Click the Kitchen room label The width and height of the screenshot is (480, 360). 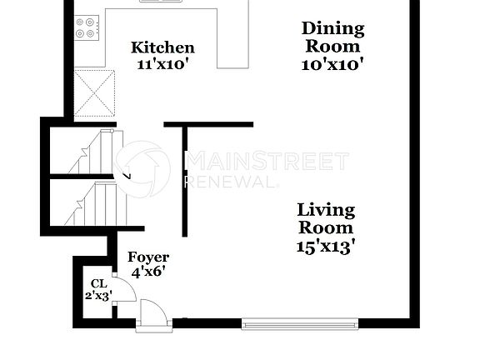coord(162,48)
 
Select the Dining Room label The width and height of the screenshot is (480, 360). coord(332,37)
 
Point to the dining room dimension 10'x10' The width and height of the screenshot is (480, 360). coord(332,63)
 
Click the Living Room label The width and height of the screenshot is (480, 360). coord(326,218)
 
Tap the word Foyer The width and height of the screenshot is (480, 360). coord(148,257)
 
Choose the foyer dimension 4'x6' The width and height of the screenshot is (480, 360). coord(148,271)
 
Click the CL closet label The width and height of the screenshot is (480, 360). coord(99,283)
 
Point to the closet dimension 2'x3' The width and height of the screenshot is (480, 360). coord(98,295)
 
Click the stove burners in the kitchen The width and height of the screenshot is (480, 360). coord(86,28)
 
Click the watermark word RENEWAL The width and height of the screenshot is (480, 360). coord(229,181)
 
